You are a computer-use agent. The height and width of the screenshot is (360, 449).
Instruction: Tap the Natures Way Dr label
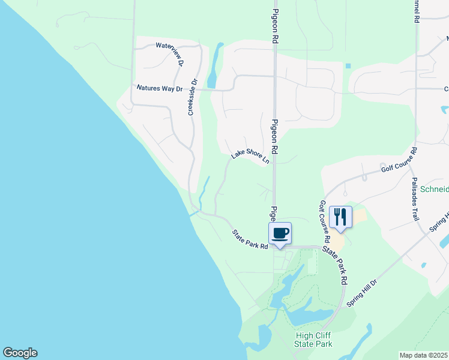[160, 88]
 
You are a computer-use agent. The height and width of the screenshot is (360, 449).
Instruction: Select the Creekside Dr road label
[193, 98]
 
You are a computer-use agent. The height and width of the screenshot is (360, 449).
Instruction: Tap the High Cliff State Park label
[313, 340]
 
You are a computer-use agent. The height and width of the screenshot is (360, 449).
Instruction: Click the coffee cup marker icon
[280, 233]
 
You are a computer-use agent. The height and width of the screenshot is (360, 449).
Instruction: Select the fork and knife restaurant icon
[340, 217]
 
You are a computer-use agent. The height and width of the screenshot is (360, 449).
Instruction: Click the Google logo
[20, 353]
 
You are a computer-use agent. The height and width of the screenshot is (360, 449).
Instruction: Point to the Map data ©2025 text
[424, 355]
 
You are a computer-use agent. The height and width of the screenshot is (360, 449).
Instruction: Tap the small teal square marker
[348, 66]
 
